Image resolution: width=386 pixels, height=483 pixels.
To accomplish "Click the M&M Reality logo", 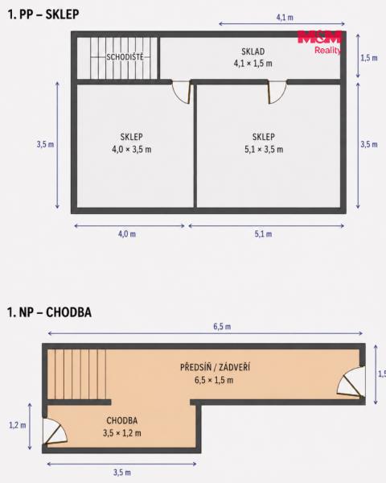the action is coord(319,43).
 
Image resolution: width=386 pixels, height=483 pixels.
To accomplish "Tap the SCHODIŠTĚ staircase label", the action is coord(125,57).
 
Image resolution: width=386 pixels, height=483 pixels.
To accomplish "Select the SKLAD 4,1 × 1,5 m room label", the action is coord(253,57).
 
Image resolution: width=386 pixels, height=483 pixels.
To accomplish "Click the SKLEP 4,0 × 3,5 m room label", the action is coord(131,143).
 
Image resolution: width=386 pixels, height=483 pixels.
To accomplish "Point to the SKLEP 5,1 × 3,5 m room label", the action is coord(264,143).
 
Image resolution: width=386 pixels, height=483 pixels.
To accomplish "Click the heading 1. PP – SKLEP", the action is coord(43,14).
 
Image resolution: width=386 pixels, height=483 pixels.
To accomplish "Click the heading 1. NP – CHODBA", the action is coord(49,312).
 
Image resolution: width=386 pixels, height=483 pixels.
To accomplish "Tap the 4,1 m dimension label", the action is coord(285,17).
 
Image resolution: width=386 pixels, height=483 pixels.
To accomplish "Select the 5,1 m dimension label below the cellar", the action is coord(263,233).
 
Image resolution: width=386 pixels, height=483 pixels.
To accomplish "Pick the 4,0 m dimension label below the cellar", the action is coord(127,233).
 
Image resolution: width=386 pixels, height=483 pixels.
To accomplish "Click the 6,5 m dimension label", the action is coord(222,326).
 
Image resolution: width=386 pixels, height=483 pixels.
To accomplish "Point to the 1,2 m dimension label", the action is coord(18,425).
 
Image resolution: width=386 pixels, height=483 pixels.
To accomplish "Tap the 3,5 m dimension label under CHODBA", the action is coord(122,473).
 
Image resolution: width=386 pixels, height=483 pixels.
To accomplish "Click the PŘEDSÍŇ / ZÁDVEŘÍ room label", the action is coord(215,367).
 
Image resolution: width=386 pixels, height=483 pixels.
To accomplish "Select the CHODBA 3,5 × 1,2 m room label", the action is coord(122,427).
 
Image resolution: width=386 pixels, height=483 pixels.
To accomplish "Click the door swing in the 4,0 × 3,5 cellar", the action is coord(183,93).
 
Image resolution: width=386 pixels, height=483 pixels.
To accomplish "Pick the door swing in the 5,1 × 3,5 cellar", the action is coord(277,92).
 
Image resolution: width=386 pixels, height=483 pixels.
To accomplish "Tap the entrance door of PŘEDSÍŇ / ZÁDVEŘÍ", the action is coord(351,382).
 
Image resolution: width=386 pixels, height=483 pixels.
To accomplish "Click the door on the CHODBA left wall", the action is coord(55,431).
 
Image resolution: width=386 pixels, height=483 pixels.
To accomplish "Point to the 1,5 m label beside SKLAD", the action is coord(369,58).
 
